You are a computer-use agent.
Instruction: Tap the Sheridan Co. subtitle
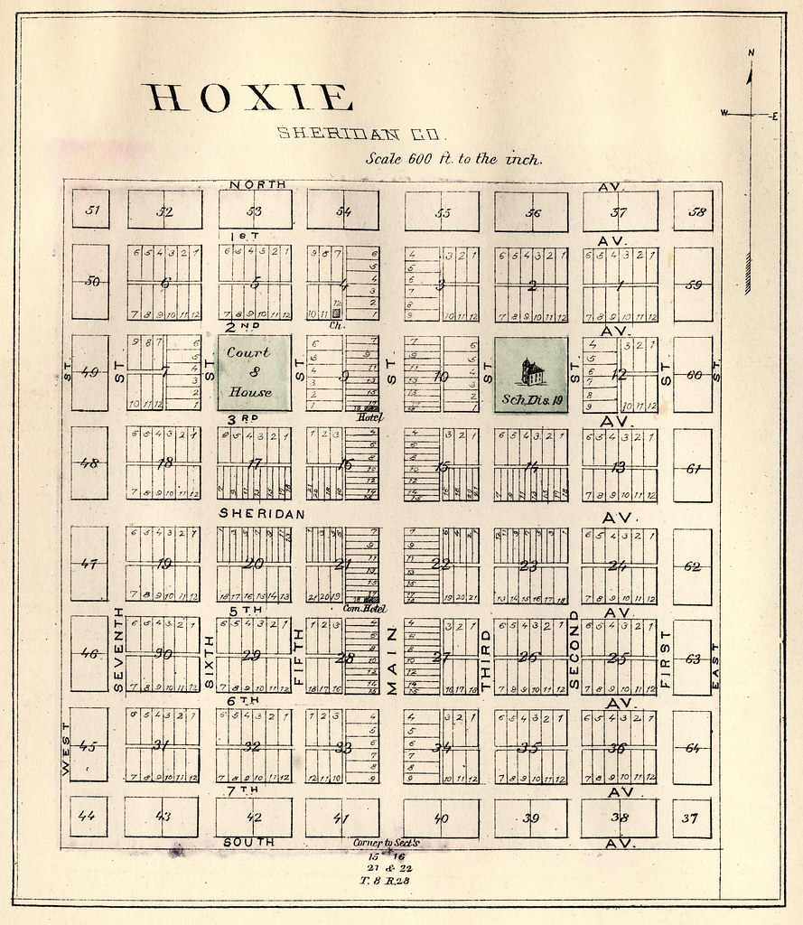tap(359, 134)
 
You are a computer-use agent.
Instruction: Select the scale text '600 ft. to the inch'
tap(453, 158)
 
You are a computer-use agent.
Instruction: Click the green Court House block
tap(254, 373)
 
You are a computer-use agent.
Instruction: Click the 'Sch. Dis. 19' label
tap(532, 398)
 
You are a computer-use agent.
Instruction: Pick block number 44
tap(88, 816)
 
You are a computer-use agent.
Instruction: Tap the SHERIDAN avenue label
tap(261, 513)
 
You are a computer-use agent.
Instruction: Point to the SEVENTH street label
tap(117, 649)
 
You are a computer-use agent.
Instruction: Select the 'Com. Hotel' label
tap(365, 609)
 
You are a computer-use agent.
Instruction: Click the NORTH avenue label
tap(257, 184)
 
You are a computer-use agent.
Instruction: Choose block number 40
tap(441, 818)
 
